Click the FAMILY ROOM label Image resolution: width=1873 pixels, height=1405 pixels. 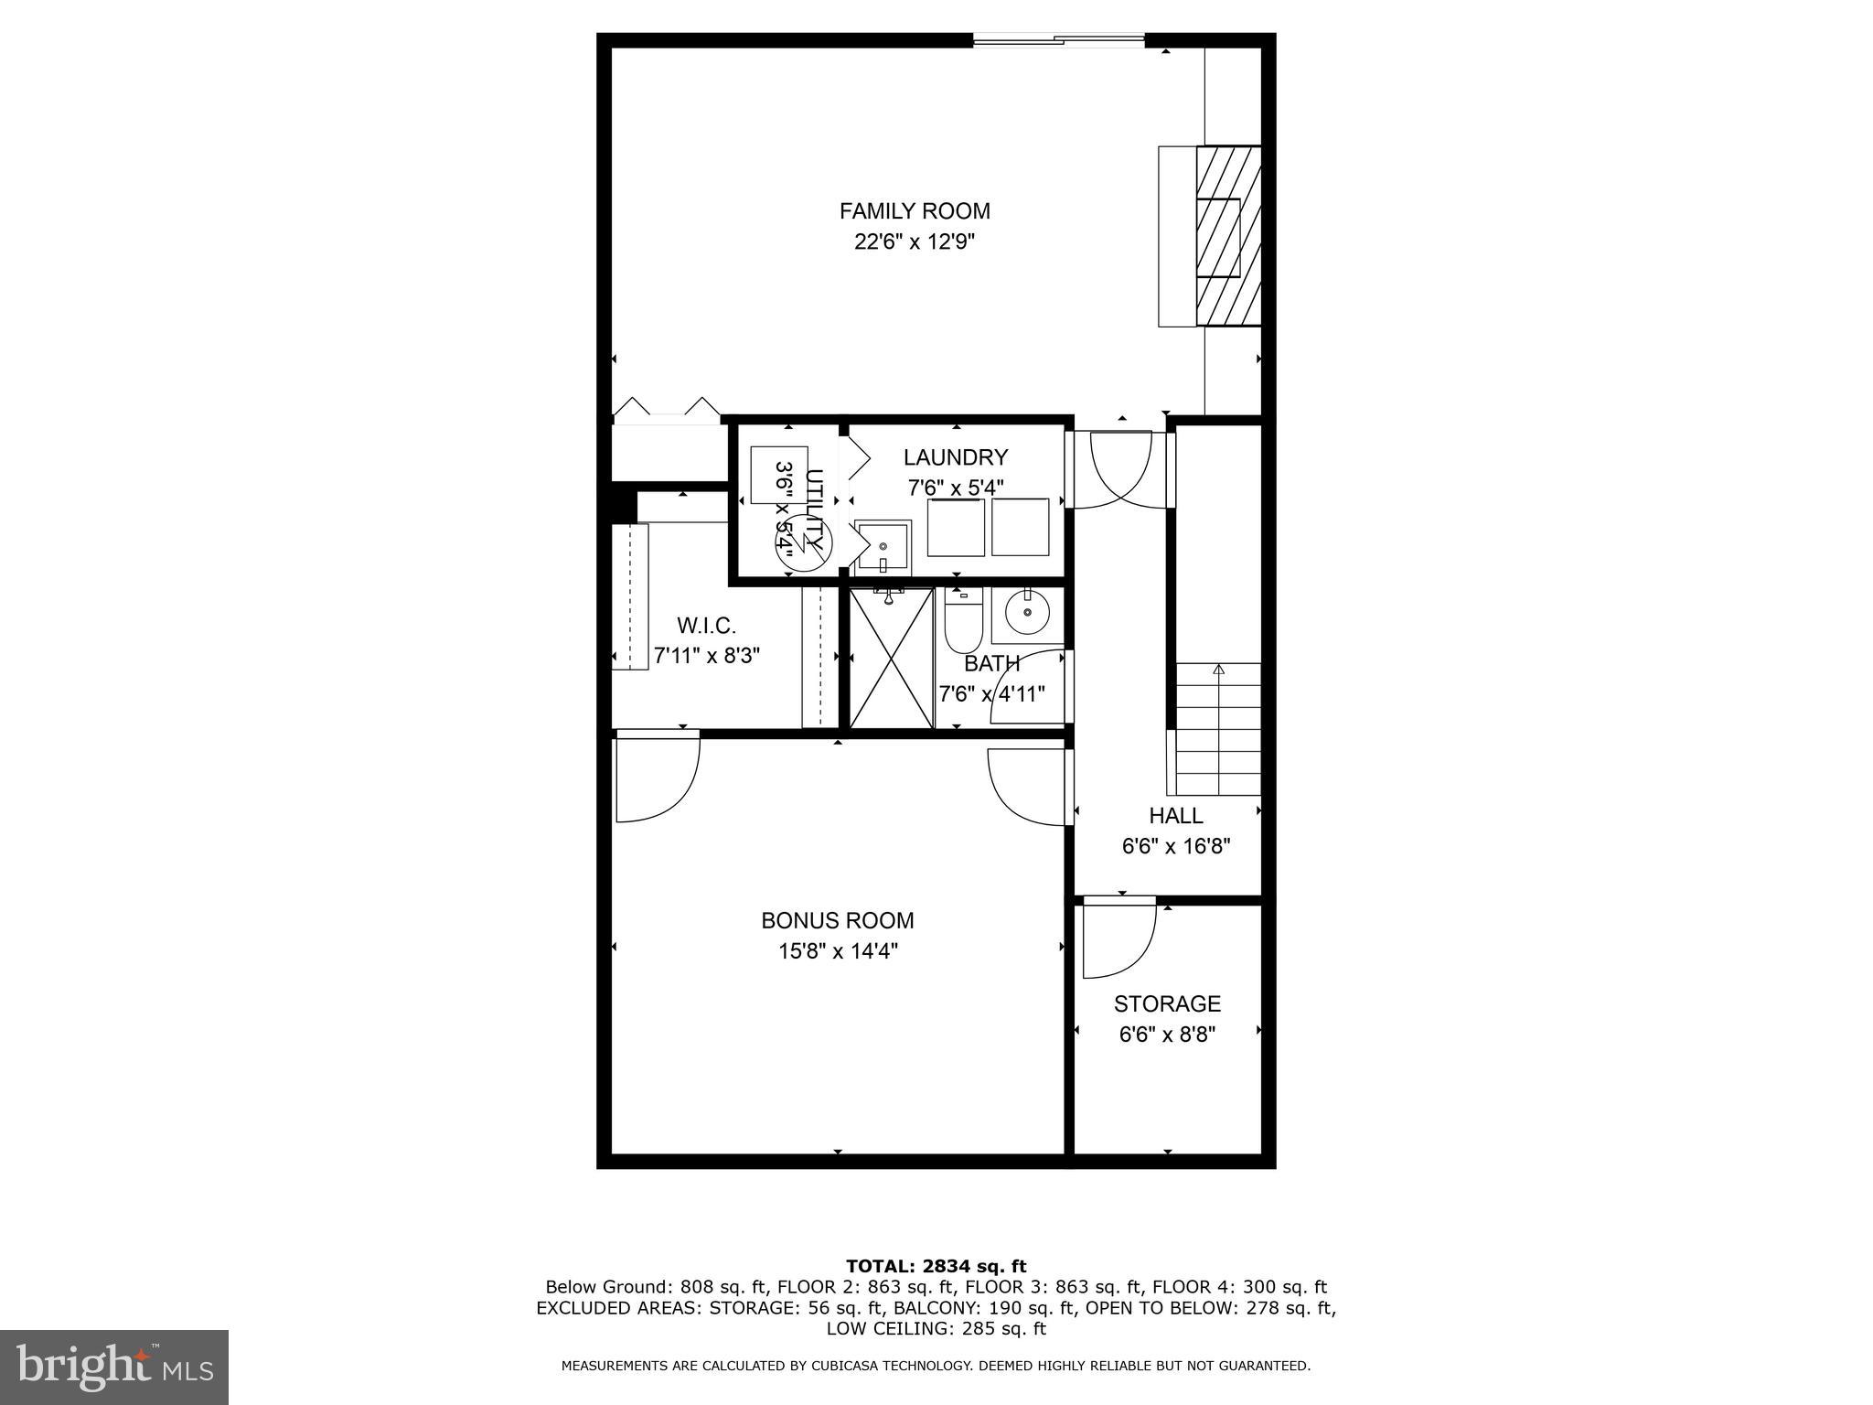(915, 211)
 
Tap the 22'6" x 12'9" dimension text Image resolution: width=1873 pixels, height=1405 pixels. (915, 242)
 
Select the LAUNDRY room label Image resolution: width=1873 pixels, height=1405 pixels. (956, 457)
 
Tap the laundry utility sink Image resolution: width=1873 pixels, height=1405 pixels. (883, 547)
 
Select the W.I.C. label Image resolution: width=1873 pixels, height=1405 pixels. (706, 627)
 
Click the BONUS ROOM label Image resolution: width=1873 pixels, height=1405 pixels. (838, 920)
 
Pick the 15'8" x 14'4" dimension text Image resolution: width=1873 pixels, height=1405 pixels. (838, 951)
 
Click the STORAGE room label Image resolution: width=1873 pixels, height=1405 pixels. (1167, 1004)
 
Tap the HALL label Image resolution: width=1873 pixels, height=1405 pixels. (1175, 816)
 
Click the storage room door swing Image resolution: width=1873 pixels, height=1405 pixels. (1118, 942)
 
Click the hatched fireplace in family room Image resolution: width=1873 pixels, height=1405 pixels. (1227, 236)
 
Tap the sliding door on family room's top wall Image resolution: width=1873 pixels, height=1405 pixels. (1058, 39)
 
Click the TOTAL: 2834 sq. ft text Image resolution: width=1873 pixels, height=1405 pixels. (936, 1266)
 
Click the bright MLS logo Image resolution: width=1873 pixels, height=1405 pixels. (114, 1367)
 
